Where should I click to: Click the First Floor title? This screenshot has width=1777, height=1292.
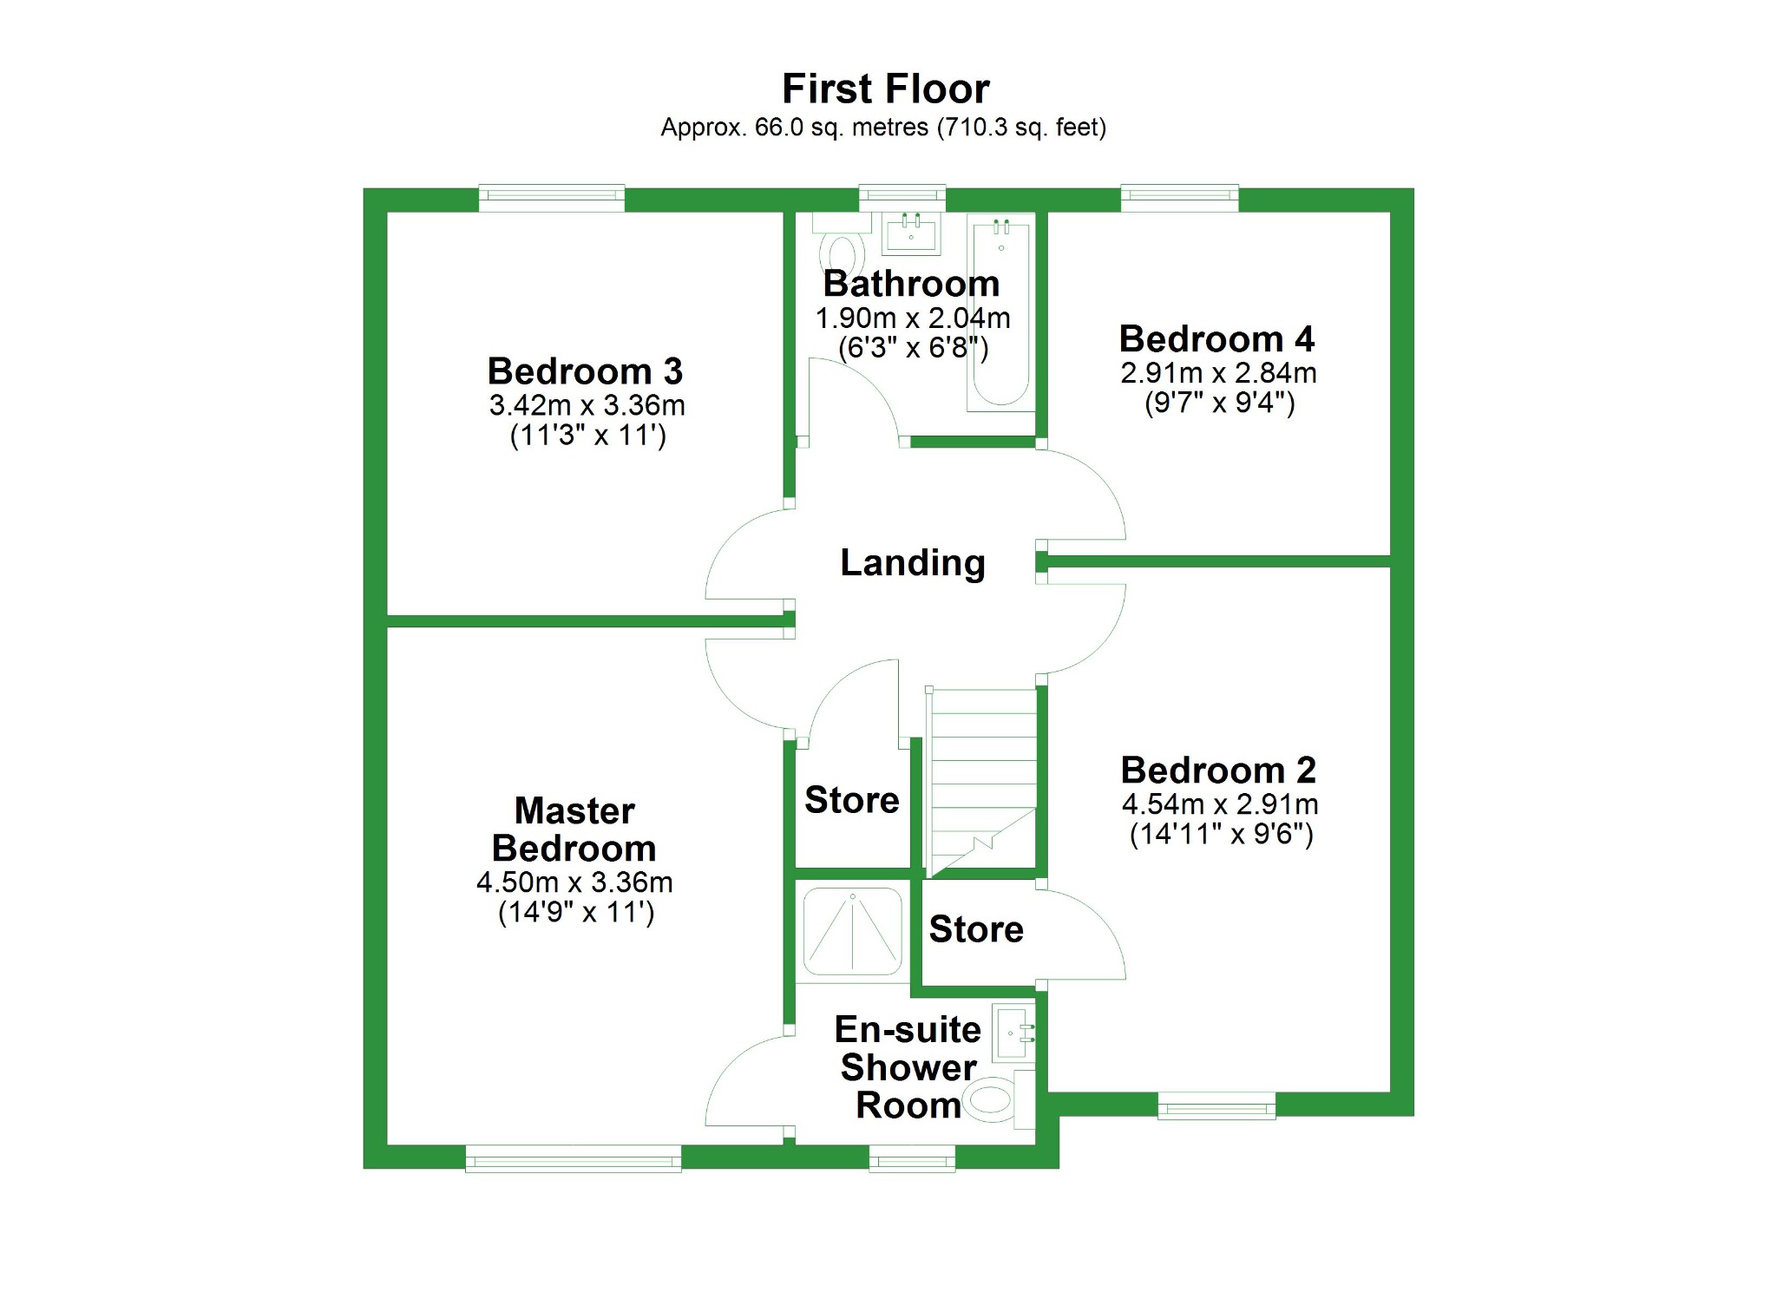click(885, 89)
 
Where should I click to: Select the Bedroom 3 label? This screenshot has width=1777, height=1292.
click(585, 371)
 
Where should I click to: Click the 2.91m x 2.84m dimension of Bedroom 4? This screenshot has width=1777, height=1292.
click(1218, 373)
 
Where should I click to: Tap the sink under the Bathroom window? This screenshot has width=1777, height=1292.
click(911, 232)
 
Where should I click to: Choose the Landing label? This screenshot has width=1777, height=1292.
click(912, 562)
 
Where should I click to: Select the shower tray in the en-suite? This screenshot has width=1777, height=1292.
click(852, 931)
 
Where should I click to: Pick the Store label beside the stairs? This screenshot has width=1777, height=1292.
click(851, 800)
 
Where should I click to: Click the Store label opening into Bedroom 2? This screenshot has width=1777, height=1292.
click(976, 929)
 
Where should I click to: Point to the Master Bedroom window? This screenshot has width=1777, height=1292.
click(573, 1158)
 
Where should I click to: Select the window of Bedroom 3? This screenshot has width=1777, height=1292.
click(552, 198)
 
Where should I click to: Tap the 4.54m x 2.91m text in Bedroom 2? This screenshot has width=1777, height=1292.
click(1219, 804)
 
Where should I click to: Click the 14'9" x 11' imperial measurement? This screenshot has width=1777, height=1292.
click(575, 913)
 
